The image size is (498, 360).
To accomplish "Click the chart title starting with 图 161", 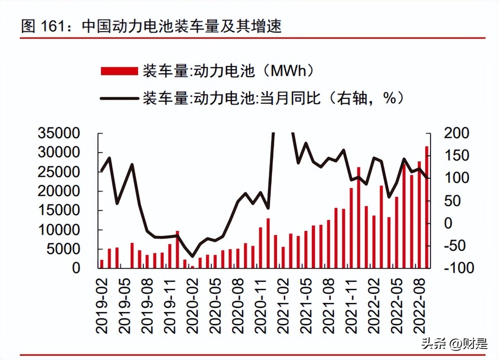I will point(151,26).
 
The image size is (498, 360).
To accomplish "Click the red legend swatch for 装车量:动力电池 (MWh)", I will point(119,71).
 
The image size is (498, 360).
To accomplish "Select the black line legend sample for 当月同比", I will point(119,98).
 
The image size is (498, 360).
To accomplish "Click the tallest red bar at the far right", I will point(426,207).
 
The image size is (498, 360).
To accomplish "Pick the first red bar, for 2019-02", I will point(102,264).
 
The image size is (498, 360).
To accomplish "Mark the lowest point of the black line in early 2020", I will point(192,256).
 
